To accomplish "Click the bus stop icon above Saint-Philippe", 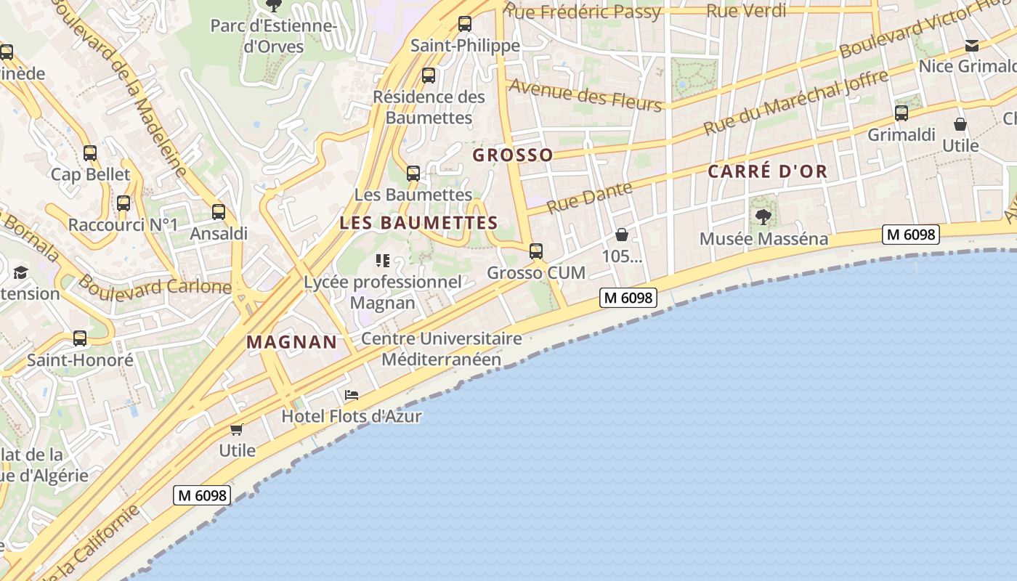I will pyautogui.click(x=465, y=24).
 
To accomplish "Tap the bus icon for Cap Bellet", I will pyautogui.click(x=90, y=153).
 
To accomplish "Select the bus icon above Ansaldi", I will pyautogui.click(x=219, y=212).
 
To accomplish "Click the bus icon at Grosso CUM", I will pyautogui.click(x=536, y=251).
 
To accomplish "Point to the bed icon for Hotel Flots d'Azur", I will pyautogui.click(x=352, y=395).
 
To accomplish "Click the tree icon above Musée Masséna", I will pyautogui.click(x=763, y=216).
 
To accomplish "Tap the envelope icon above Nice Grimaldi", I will pyautogui.click(x=972, y=46).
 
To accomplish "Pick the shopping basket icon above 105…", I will pyautogui.click(x=622, y=235).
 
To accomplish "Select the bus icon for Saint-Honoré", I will pyautogui.click(x=80, y=338).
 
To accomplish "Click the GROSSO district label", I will pyautogui.click(x=513, y=155).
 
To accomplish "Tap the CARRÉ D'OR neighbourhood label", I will pyautogui.click(x=768, y=171).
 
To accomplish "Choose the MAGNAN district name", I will pyautogui.click(x=292, y=341).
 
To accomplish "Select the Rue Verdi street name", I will pyautogui.click(x=746, y=11).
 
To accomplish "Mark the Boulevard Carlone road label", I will pyautogui.click(x=154, y=285).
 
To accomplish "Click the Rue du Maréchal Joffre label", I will pyautogui.click(x=795, y=102).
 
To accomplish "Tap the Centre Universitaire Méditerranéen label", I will pyautogui.click(x=442, y=349).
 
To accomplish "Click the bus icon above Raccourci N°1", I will pyautogui.click(x=123, y=203).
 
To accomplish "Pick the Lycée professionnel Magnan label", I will pyautogui.click(x=383, y=292).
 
